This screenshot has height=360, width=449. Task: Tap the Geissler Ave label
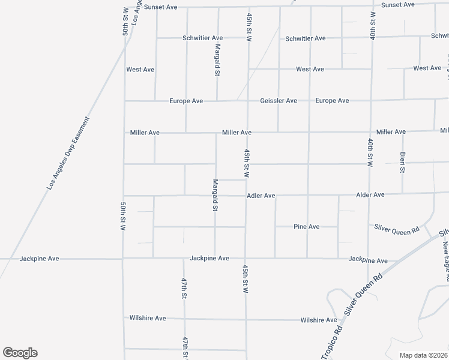click(x=279, y=101)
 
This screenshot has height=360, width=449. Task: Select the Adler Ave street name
click(x=261, y=196)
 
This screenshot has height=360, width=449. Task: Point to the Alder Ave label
click(x=370, y=195)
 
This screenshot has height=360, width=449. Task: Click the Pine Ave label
click(x=306, y=227)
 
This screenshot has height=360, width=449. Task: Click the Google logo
click(x=20, y=353)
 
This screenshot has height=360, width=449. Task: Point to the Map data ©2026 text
click(x=423, y=355)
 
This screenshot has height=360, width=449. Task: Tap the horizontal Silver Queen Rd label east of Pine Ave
click(x=396, y=227)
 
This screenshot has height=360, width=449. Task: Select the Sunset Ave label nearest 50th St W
click(x=161, y=7)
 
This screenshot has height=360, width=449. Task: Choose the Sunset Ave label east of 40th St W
click(x=398, y=5)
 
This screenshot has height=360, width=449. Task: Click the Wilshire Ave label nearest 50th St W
click(x=148, y=318)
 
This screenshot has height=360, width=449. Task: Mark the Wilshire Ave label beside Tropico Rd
click(x=319, y=320)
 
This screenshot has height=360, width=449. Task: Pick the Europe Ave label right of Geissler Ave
click(x=332, y=101)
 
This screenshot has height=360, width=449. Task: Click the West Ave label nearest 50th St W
click(x=140, y=70)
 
